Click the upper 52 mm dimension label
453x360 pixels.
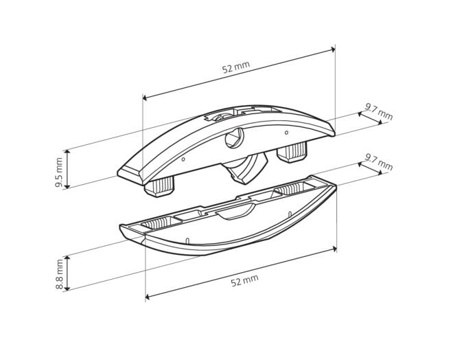(x=235, y=67)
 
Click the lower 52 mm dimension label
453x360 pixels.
(x=245, y=280)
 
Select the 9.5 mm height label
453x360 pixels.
(x=59, y=172)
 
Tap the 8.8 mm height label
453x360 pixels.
(x=60, y=274)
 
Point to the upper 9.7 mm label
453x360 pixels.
(x=379, y=111)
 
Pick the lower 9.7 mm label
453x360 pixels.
(x=379, y=162)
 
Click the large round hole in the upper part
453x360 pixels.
(x=235, y=138)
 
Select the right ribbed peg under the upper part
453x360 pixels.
(x=292, y=152)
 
